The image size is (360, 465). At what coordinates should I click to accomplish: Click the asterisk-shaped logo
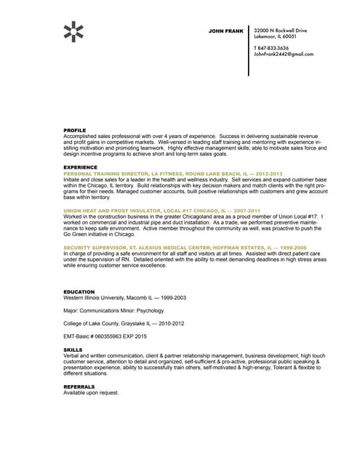[73, 31]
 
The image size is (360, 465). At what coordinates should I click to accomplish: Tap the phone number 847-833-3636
[273, 48]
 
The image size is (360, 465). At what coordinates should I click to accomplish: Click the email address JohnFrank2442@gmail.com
[283, 54]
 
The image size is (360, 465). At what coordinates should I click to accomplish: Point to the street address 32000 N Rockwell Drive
[280, 31]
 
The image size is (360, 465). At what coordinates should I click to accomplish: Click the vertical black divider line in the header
[249, 47]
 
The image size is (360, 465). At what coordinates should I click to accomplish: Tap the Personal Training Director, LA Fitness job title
[172, 174]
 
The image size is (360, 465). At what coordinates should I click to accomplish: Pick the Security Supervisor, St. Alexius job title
[173, 247]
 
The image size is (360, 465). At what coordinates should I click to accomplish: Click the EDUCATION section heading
[79, 291]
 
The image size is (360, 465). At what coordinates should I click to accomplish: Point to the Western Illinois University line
[124, 298]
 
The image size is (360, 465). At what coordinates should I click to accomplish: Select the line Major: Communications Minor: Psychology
[113, 310]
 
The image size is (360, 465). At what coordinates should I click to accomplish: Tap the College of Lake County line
[124, 323]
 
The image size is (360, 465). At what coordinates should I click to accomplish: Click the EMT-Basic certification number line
[105, 336]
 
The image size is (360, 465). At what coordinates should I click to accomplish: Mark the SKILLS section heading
[73, 349]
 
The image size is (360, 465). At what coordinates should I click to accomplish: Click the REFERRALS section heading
[79, 387]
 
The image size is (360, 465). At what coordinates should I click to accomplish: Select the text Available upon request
[90, 393]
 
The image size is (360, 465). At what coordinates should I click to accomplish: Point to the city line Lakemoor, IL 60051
[274, 36]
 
